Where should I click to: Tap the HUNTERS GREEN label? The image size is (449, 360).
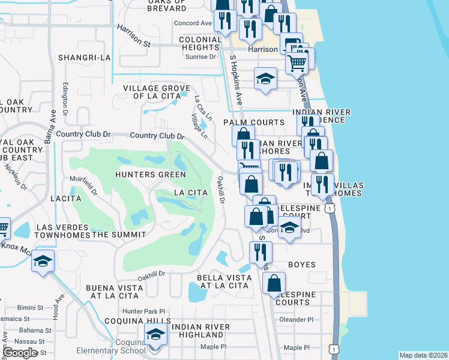tap(151, 175)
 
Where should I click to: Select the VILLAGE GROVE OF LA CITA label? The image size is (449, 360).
tap(152, 92)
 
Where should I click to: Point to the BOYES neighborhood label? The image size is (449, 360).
tap(301, 264)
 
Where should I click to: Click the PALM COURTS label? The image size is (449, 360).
tap(253, 122)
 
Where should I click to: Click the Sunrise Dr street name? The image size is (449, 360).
tap(202, 57)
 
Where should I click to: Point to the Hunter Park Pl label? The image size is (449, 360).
tap(143, 311)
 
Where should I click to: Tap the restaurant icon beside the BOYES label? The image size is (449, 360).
tap(261, 253)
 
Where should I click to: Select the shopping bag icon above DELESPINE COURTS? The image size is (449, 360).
tap(274, 284)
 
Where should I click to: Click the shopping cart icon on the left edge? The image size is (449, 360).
tap(3, 227)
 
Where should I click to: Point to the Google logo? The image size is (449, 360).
tap(20, 353)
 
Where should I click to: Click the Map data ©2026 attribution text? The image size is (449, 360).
tap(423, 355)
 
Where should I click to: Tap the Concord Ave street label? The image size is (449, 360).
tap(193, 23)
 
